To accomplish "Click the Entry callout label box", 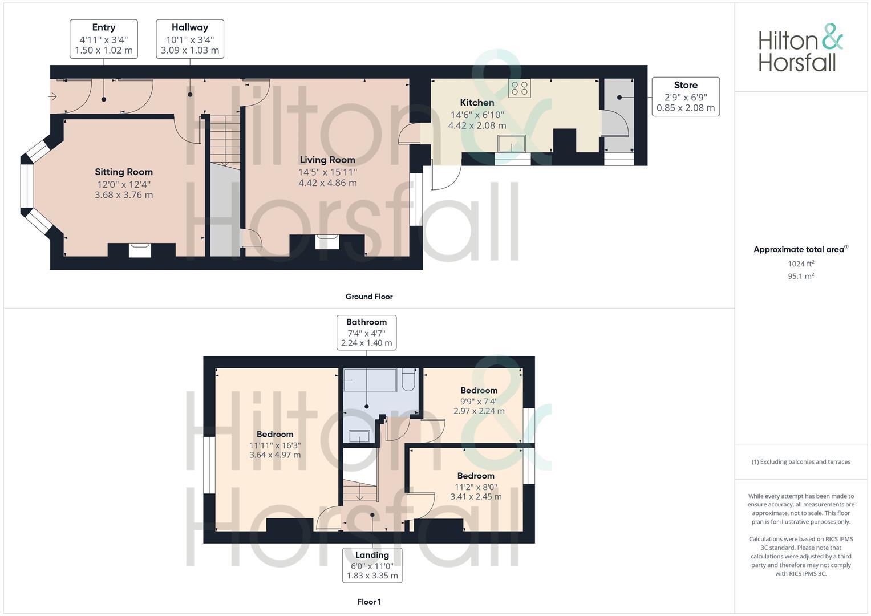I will pyautogui.click(x=103, y=39).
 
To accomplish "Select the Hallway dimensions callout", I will pyautogui.click(x=189, y=39).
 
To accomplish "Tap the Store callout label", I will pyautogui.click(x=685, y=96).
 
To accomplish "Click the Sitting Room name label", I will pyautogui.click(x=124, y=172).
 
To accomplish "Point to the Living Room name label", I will pyautogui.click(x=327, y=160).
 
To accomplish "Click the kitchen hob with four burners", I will pyautogui.click(x=519, y=88).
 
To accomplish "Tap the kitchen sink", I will pyautogui.click(x=511, y=143).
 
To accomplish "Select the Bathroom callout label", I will pyautogui.click(x=366, y=333).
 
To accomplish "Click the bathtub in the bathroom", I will pyautogui.click(x=370, y=380).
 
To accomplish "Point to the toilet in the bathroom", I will pyautogui.click(x=408, y=380).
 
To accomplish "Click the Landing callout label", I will pyautogui.click(x=372, y=565).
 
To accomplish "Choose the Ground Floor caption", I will pyautogui.click(x=369, y=297).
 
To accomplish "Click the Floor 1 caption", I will pyautogui.click(x=369, y=602).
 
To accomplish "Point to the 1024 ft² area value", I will pyautogui.click(x=801, y=264).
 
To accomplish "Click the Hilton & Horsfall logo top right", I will pyautogui.click(x=800, y=48).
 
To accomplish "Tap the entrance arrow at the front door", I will pyautogui.click(x=53, y=96).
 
